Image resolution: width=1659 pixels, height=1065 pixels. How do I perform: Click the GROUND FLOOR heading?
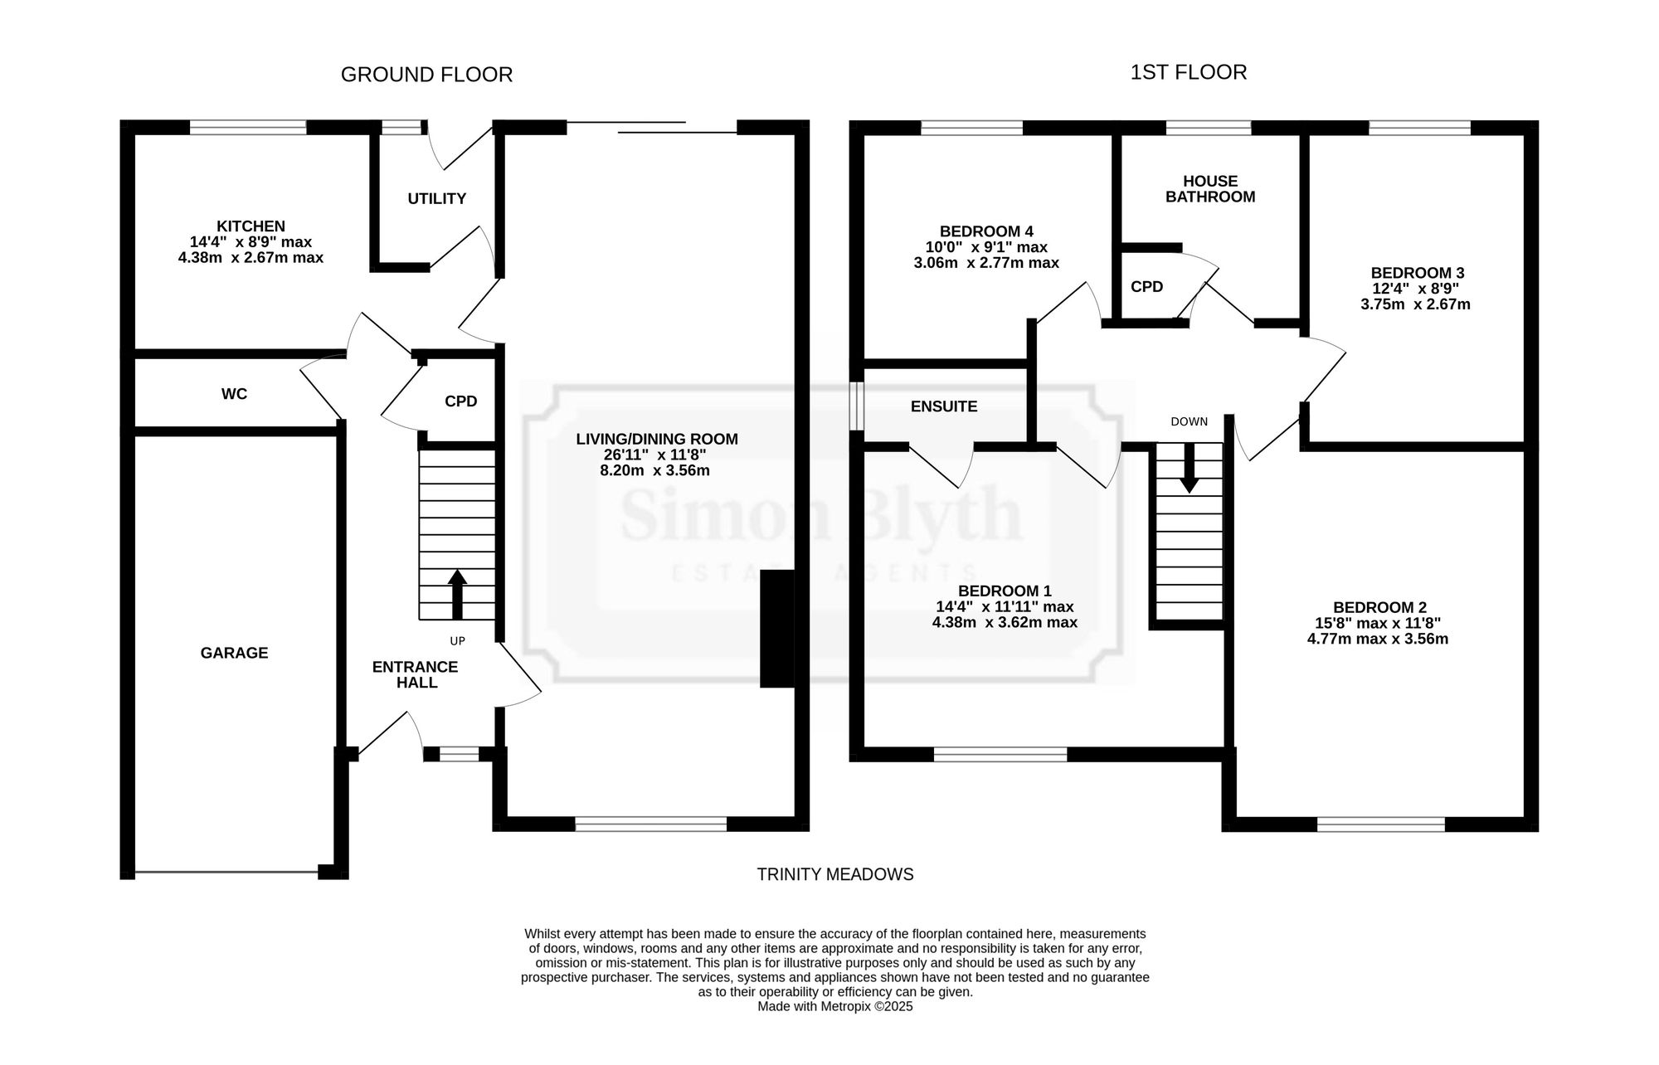(426, 75)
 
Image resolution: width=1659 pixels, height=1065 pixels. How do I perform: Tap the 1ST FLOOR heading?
(1189, 72)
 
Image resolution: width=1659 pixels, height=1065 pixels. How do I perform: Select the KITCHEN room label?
(251, 226)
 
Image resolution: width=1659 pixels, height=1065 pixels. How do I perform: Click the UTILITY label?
(436, 198)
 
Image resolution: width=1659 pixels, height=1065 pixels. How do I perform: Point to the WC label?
(234, 394)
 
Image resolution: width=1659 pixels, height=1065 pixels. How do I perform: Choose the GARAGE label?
(234, 653)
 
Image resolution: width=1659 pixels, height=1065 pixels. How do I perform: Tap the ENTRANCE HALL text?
(415, 674)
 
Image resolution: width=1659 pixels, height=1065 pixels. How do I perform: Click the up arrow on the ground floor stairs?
(457, 594)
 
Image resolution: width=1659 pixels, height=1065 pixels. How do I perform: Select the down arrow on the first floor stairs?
(1190, 468)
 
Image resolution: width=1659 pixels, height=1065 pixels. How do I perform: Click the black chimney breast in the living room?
(777, 629)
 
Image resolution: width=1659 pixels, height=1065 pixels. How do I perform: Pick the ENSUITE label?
(944, 406)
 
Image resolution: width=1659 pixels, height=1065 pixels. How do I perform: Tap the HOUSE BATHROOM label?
(1210, 189)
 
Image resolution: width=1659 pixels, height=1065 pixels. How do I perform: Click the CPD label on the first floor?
(1146, 287)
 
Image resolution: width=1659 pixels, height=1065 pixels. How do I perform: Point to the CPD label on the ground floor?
(460, 401)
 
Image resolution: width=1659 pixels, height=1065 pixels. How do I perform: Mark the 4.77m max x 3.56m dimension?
(1378, 639)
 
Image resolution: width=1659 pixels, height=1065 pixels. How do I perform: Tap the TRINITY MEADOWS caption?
(835, 874)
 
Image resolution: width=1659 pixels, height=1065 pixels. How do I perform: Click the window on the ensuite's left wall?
(857, 406)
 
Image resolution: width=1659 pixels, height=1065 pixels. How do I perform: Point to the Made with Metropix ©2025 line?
(835, 1006)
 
